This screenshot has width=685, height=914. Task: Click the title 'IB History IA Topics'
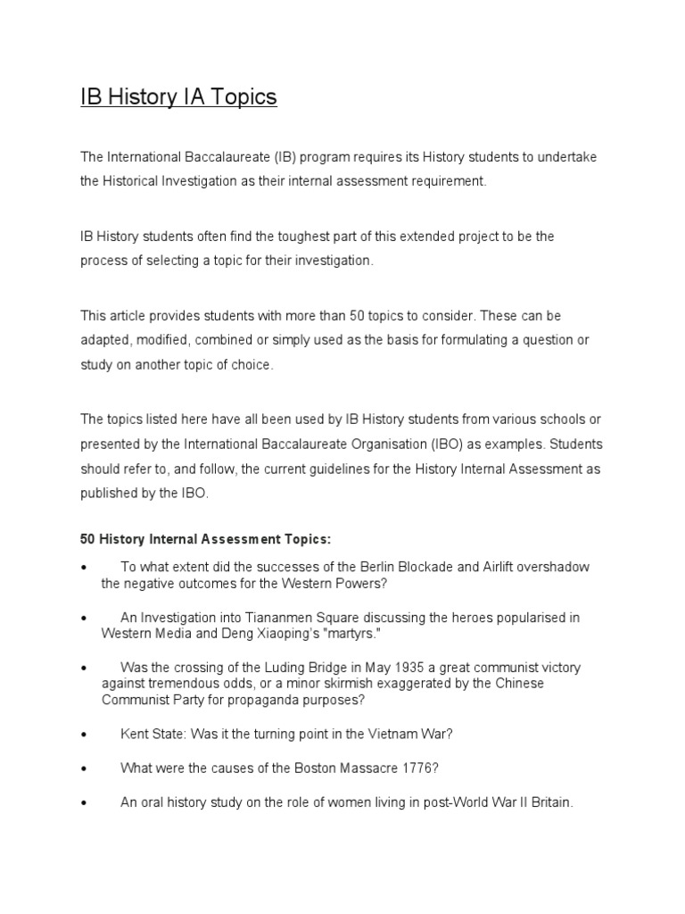click(178, 96)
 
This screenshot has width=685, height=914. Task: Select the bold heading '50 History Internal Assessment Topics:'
click(205, 540)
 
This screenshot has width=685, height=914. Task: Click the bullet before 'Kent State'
click(83, 735)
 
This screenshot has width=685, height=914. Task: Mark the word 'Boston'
click(285, 768)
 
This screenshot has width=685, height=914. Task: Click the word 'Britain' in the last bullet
click(544, 802)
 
